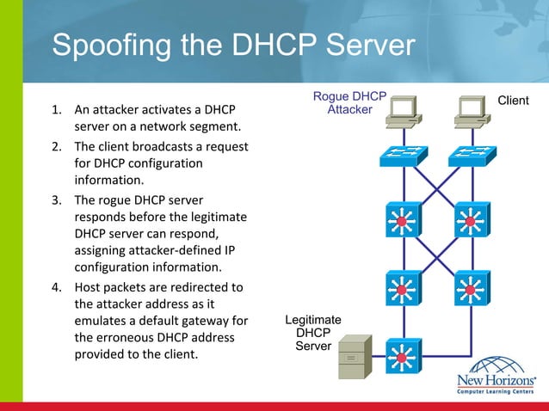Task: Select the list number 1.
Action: coord(56,110)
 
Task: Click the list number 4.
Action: coord(56,287)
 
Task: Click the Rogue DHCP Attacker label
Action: coord(349,103)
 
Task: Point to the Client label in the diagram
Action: coord(513,101)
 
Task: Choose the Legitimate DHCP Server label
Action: coord(313,333)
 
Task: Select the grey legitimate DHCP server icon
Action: coord(353,359)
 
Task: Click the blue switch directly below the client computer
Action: coord(471,156)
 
